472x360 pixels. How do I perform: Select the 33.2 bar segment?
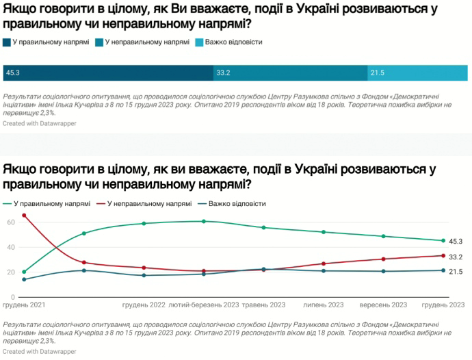click(290, 72)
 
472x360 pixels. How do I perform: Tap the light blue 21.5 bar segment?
click(417, 72)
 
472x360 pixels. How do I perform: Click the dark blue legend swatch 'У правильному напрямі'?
click(7, 42)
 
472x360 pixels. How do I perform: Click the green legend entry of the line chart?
click(51, 204)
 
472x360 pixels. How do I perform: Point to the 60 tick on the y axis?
click(11, 222)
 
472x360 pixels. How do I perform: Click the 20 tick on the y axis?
click(11, 272)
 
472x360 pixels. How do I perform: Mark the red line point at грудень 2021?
click(24, 216)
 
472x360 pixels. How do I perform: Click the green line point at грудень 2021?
click(24, 272)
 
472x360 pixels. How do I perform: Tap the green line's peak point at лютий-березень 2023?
click(203, 221)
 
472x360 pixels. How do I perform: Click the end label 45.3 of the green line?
click(456, 241)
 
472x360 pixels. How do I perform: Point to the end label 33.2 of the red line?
click(456, 257)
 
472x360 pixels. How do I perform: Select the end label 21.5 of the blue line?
click(456, 272)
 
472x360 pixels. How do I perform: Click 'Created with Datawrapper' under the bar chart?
click(40, 123)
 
